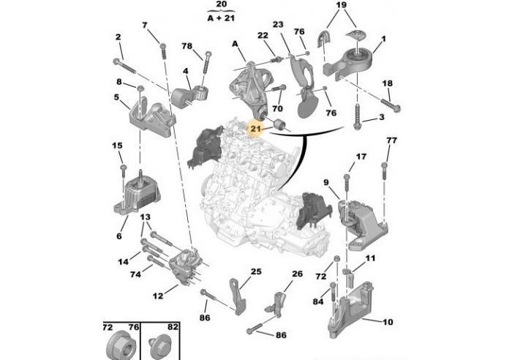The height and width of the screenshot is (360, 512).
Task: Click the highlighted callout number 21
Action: click(x=255, y=130)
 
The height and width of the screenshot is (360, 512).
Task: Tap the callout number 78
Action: click(x=187, y=46)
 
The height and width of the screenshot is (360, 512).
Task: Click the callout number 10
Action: click(x=388, y=321)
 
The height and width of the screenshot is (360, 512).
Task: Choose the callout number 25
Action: click(x=255, y=271)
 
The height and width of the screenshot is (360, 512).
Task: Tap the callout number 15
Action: click(x=116, y=146)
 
